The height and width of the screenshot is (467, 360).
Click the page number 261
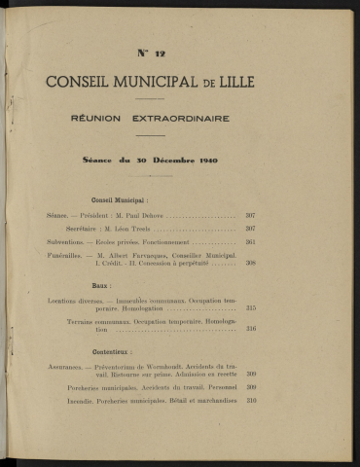pos(250,241)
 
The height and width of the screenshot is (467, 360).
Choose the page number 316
pos(250,329)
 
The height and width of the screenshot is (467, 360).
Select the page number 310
pos(250,401)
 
